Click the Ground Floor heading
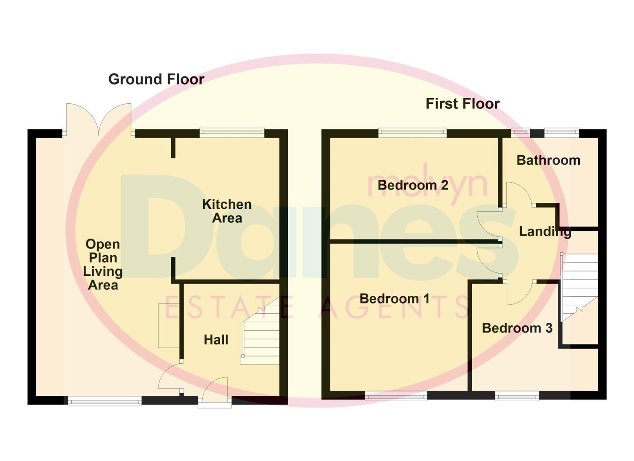point(156,79)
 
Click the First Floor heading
point(462,104)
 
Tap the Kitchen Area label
point(227,211)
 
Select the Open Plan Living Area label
point(102,264)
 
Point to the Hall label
point(216,340)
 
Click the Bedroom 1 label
point(394,298)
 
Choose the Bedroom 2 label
point(413,185)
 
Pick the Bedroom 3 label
point(517,328)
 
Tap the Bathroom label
point(548,160)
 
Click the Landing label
point(545,231)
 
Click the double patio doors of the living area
point(99,120)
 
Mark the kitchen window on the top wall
point(232,133)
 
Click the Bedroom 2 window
point(412,133)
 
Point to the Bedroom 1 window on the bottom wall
point(396,397)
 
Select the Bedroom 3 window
point(517,397)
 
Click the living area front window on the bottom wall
point(105,401)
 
